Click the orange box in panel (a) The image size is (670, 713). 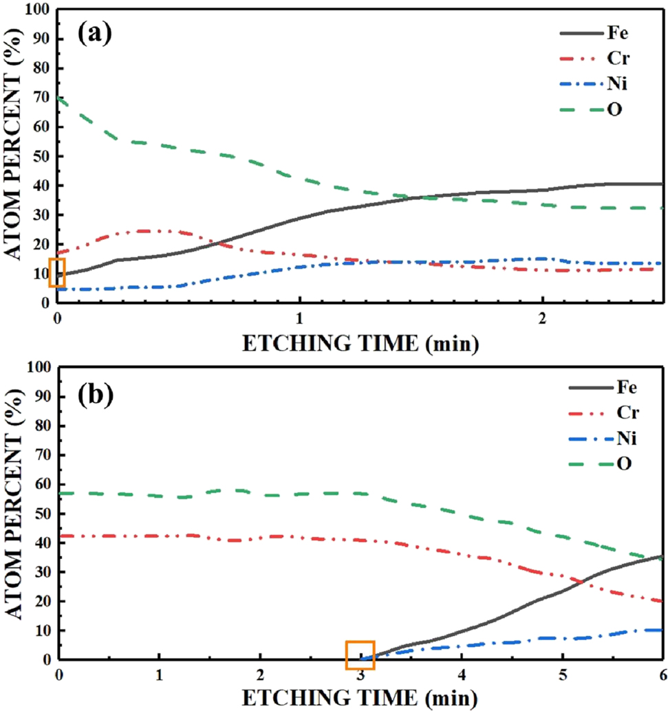(57, 272)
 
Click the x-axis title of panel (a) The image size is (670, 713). (359, 342)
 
